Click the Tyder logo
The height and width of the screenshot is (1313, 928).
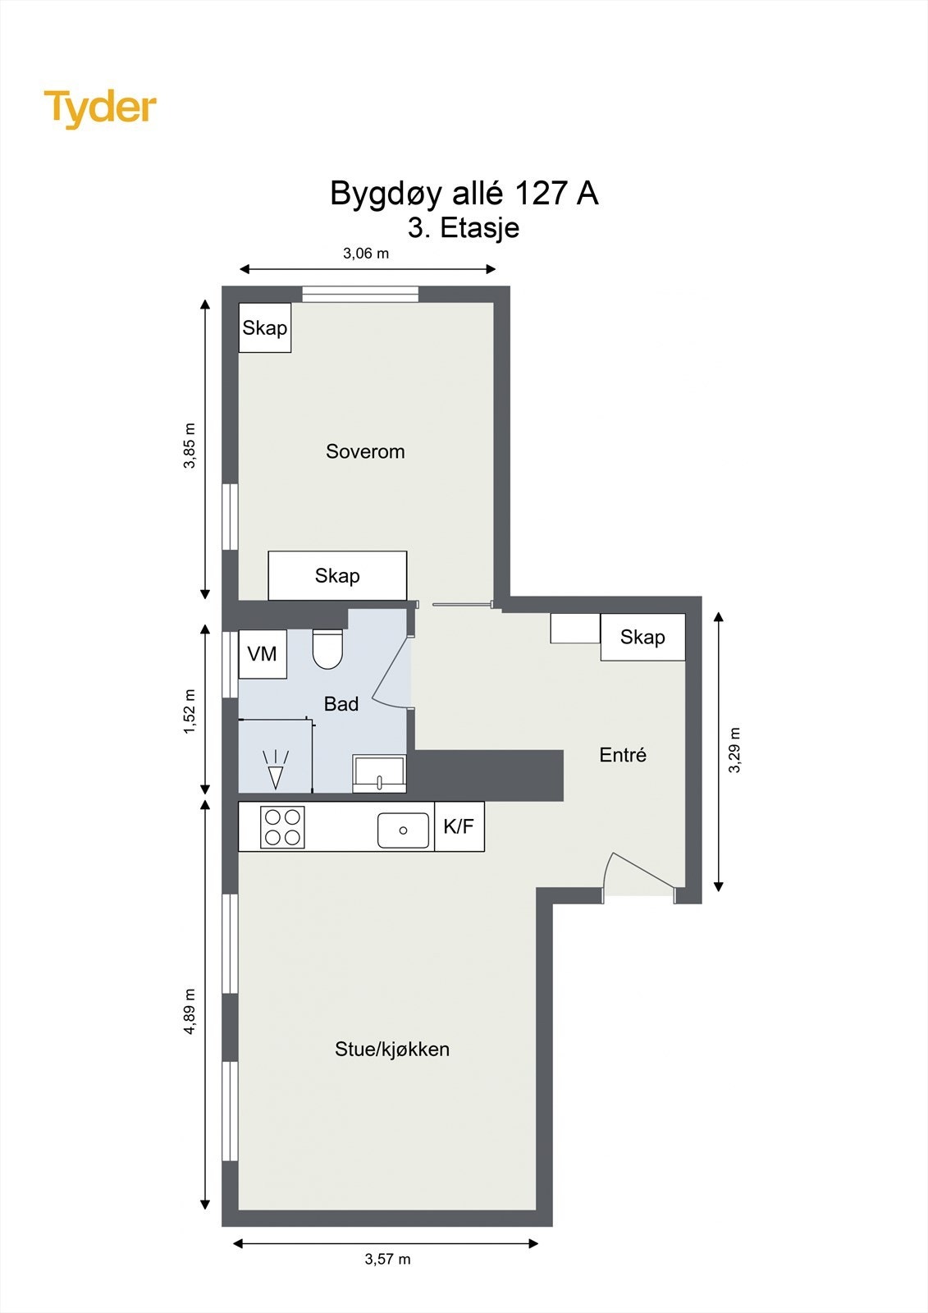pyautogui.click(x=100, y=109)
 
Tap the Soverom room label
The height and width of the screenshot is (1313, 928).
pyautogui.click(x=365, y=451)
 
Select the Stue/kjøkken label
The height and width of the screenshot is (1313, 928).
pyautogui.click(x=392, y=1049)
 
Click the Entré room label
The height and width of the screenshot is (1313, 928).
pyautogui.click(x=623, y=754)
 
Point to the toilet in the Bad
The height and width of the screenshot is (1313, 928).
pyautogui.click(x=327, y=649)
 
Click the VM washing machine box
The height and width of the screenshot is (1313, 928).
pyautogui.click(x=263, y=654)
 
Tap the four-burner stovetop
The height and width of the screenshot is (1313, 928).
pyautogui.click(x=282, y=827)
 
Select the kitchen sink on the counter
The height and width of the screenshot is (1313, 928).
pyautogui.click(x=403, y=830)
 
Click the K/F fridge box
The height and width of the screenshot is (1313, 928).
pyautogui.click(x=459, y=826)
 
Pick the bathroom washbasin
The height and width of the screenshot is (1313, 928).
pyautogui.click(x=379, y=774)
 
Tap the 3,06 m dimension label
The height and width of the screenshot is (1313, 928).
pyautogui.click(x=366, y=254)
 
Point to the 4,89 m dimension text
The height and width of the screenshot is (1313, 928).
pyautogui.click(x=190, y=1012)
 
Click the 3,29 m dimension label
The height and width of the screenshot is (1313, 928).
pyautogui.click(x=734, y=750)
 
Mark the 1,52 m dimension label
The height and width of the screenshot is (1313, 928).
pyautogui.click(x=190, y=711)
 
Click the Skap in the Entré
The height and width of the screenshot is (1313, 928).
pyautogui.click(x=642, y=637)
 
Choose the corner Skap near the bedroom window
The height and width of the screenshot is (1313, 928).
pyautogui.click(x=265, y=327)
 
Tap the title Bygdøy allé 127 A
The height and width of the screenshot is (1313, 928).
pyautogui.click(x=464, y=193)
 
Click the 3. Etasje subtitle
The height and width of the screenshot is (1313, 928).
pyautogui.click(x=464, y=228)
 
